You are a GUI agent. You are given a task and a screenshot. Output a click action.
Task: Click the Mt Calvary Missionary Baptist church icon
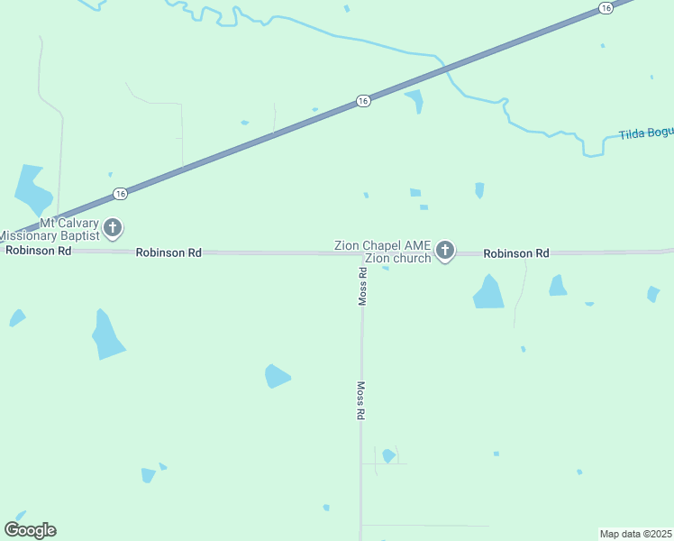[113, 227]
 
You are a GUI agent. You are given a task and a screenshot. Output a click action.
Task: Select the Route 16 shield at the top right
[606, 8]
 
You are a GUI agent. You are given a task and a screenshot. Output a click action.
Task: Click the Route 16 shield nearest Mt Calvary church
[120, 194]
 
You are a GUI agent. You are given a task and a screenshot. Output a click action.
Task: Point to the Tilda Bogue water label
[646, 133]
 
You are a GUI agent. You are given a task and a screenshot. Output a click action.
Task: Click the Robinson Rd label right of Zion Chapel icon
[515, 254]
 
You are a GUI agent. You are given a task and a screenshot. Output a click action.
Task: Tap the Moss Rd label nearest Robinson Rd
[361, 287]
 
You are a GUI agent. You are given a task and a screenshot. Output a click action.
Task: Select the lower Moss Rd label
[360, 400]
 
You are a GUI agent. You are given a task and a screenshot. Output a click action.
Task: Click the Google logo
[30, 529]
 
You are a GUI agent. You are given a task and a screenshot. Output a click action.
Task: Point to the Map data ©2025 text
[636, 533]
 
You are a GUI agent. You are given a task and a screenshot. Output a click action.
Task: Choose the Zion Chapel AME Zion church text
[383, 252]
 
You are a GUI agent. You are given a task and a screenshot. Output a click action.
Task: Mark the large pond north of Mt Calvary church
[32, 187]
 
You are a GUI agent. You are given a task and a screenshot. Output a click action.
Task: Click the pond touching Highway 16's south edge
[415, 100]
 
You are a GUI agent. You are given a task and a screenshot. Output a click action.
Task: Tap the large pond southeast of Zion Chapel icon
[489, 292]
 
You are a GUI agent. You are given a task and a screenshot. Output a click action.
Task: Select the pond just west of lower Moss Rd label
[277, 376]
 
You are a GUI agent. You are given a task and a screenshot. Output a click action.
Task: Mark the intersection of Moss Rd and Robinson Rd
[362, 253]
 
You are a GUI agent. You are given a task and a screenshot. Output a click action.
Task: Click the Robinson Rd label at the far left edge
[38, 251]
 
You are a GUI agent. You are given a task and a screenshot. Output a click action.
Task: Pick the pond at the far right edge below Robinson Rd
[652, 293]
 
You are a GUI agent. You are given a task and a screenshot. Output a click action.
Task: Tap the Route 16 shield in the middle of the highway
[362, 101]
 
